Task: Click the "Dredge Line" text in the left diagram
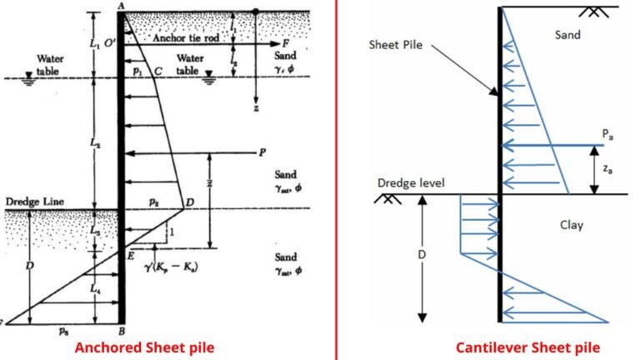(29, 201)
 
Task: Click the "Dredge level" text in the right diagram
(411, 182)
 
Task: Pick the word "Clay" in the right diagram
(571, 224)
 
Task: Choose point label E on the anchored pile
(132, 256)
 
